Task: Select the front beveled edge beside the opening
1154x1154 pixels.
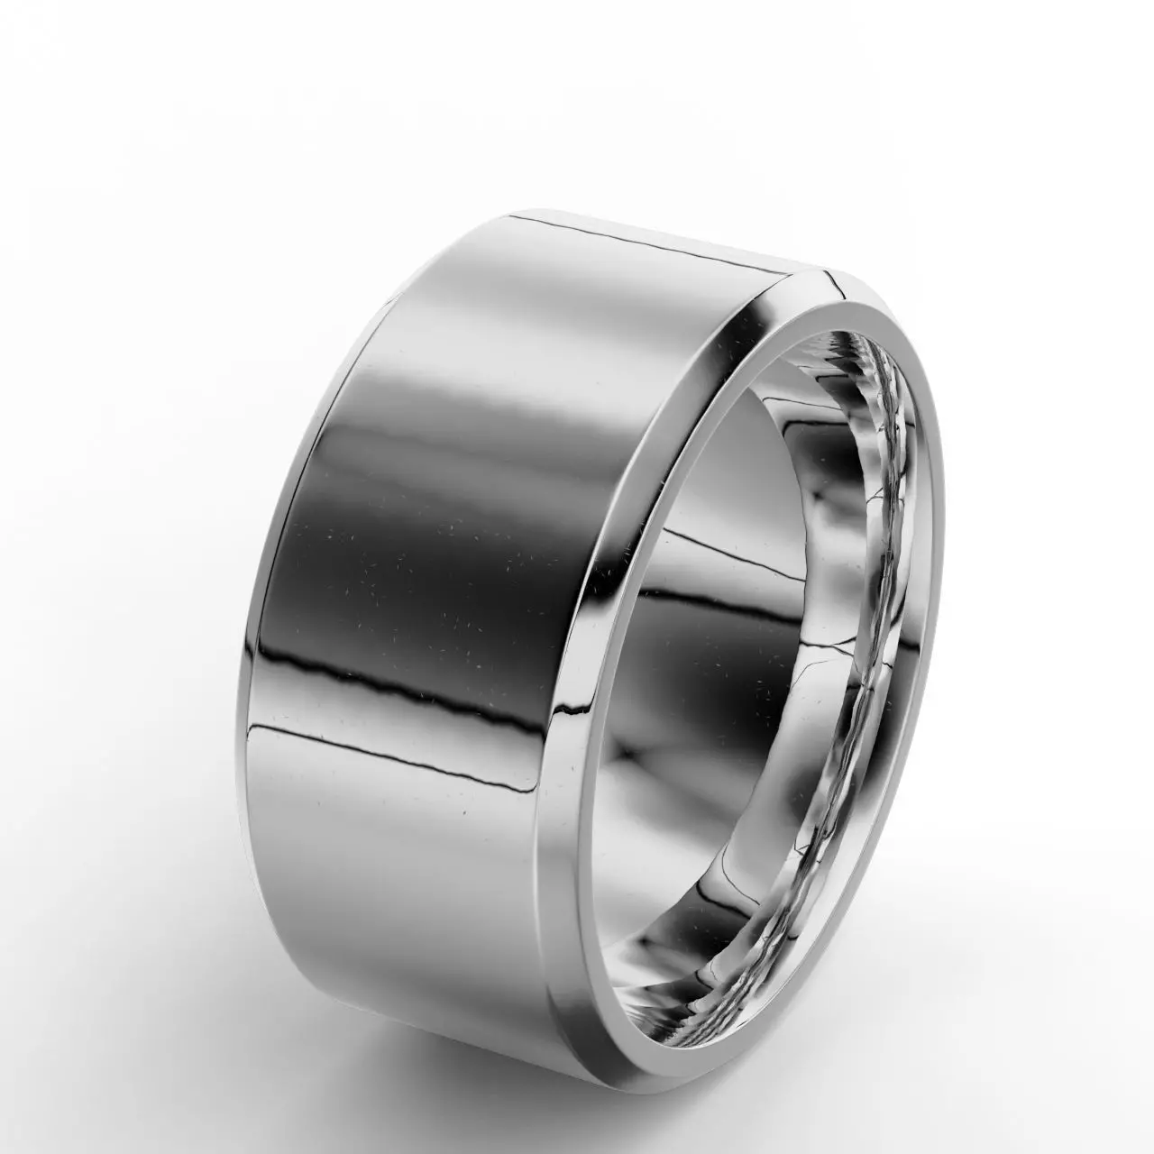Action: [622, 631]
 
